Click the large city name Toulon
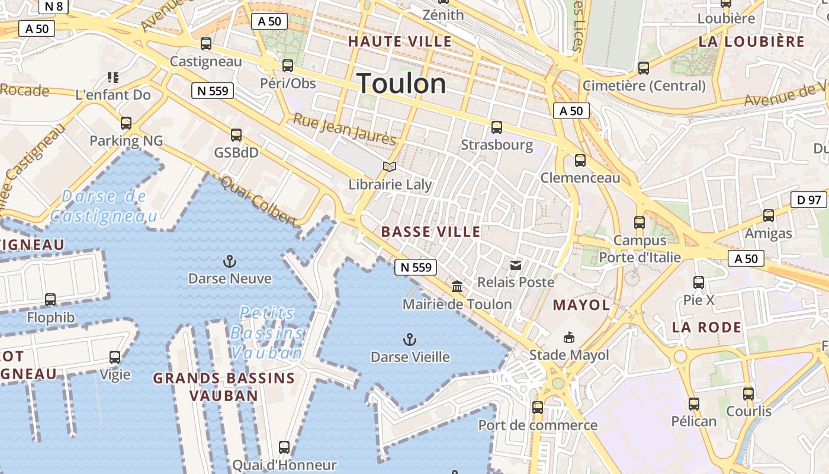click(x=401, y=84)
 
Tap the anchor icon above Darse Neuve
click(x=229, y=261)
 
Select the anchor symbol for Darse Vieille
click(x=409, y=340)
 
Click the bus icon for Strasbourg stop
click(x=496, y=127)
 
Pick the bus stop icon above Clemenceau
click(x=580, y=161)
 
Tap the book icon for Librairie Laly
click(x=389, y=167)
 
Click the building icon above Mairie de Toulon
click(x=457, y=287)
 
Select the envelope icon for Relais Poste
click(x=516, y=265)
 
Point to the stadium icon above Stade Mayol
click(x=568, y=338)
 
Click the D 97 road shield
click(x=809, y=200)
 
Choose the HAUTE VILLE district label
click(x=400, y=41)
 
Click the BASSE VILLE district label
click(x=431, y=232)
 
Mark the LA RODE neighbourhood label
click(x=706, y=327)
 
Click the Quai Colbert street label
click(x=258, y=201)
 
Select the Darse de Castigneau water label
click(x=104, y=206)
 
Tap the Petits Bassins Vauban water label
click(x=266, y=333)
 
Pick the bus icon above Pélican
click(x=693, y=404)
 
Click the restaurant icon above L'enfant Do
click(x=113, y=77)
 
